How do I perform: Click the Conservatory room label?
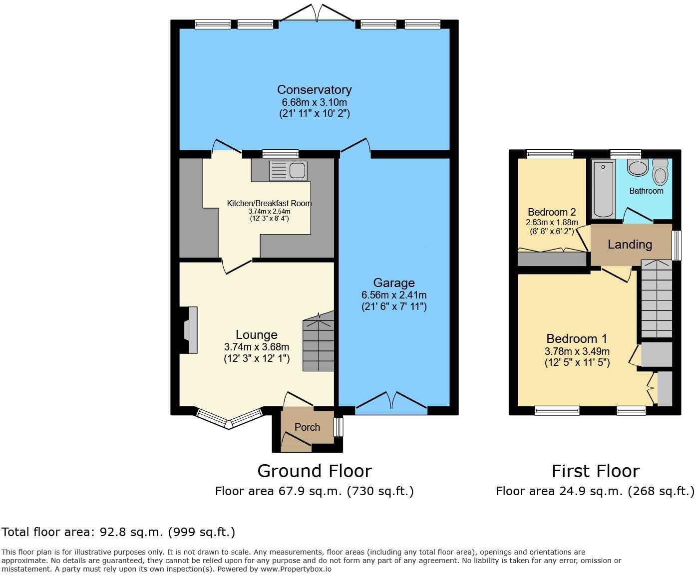pos(314,90)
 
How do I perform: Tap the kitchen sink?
pos(288,171)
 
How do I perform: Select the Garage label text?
pos(394,283)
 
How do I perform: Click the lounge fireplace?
pos(190,330)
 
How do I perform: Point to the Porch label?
pos(307,427)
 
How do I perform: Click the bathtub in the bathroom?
pos(603,189)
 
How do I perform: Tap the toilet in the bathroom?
pos(660,172)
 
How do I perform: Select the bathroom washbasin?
pos(638,168)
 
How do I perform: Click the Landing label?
pos(630,245)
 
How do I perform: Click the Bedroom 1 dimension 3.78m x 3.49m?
pos(577,351)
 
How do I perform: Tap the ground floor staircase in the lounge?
pos(318,344)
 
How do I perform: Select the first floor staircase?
pos(656,299)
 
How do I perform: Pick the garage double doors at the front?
pos(392,403)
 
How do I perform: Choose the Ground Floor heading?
pos(314,471)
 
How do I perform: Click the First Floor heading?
pos(595,471)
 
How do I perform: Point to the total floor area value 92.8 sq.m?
pos(130,532)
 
